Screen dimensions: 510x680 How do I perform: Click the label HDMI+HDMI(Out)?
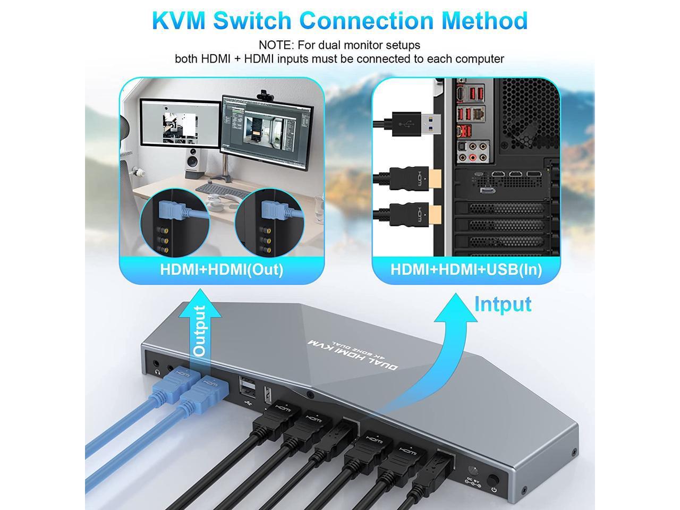point(222,269)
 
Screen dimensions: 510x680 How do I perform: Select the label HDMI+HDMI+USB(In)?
point(466,269)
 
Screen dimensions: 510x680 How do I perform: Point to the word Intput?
point(503,304)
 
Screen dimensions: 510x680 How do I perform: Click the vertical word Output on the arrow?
point(200,330)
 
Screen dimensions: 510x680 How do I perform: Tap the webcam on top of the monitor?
point(264,95)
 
